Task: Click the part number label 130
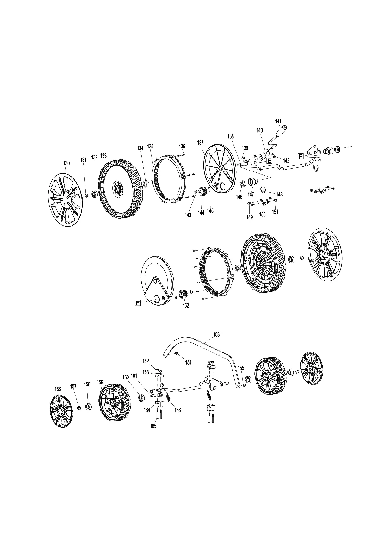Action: (66, 163)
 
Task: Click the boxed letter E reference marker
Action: (269, 160)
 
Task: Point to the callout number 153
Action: (216, 334)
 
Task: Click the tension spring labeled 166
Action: (168, 397)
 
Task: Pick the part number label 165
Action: (153, 426)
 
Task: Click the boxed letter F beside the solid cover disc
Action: (138, 303)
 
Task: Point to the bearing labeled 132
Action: (95, 194)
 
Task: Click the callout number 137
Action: (200, 143)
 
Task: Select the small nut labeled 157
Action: (79, 408)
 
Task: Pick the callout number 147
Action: (251, 194)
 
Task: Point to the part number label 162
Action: (146, 361)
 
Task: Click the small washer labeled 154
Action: (177, 353)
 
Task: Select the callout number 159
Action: (100, 383)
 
